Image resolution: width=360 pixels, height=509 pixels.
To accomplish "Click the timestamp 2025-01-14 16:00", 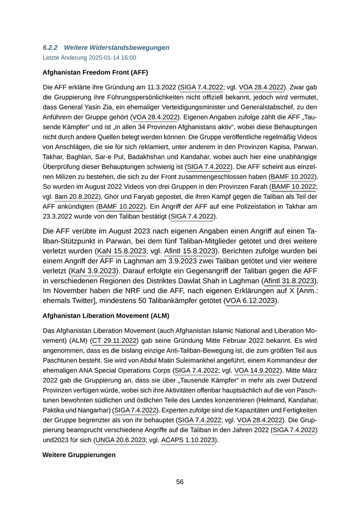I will click(x=107, y=58).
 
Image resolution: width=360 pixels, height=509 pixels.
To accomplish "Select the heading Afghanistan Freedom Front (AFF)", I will click(x=88, y=72).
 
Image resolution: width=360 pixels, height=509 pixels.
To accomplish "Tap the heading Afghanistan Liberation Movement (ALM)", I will click(x=106, y=315).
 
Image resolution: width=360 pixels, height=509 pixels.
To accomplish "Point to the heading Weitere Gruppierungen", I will click(x=79, y=455).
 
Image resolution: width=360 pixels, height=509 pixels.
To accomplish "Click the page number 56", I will click(x=180, y=482).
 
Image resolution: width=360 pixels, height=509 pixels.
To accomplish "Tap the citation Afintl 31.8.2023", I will click(x=289, y=281).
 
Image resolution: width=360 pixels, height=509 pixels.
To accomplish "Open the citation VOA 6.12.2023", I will click(x=251, y=300).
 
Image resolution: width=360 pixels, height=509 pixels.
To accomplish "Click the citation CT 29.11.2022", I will click(x=114, y=340).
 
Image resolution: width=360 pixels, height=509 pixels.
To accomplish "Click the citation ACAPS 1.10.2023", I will click(x=188, y=440).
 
